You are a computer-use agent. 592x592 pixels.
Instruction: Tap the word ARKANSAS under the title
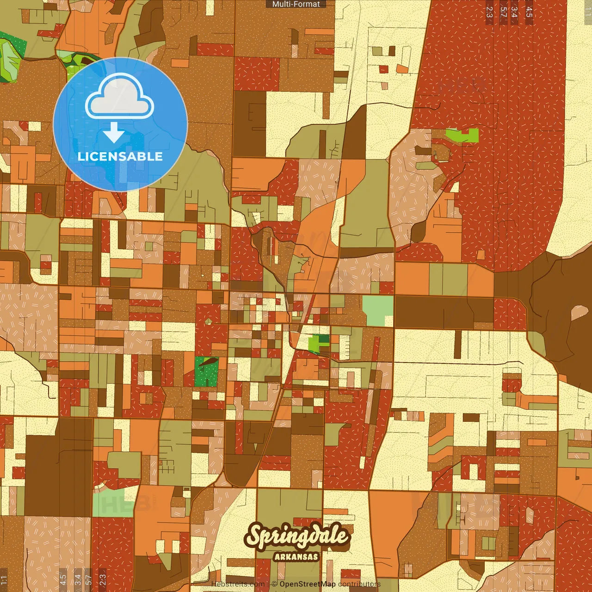pos(296,556)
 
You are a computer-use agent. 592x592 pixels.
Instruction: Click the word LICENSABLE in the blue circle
pos(120,156)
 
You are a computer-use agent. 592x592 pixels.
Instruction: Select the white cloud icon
pos(120,96)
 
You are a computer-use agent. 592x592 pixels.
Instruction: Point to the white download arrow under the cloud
pos(114,133)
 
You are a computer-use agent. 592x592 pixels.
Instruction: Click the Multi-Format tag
pos(296,4)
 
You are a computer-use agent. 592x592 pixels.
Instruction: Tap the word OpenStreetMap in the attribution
pos(308,584)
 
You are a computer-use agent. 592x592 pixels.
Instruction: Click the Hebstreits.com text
pos(238,584)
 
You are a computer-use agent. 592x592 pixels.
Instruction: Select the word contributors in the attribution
pos(359,584)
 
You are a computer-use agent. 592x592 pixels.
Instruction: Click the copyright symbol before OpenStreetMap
pos(274,584)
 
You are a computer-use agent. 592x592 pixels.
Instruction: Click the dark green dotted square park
pos(206,372)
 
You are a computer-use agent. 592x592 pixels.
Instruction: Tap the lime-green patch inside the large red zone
pos(463,135)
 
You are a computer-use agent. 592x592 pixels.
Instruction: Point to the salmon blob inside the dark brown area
pos(578,313)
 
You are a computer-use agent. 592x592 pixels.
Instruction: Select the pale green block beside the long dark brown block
pos(377,310)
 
